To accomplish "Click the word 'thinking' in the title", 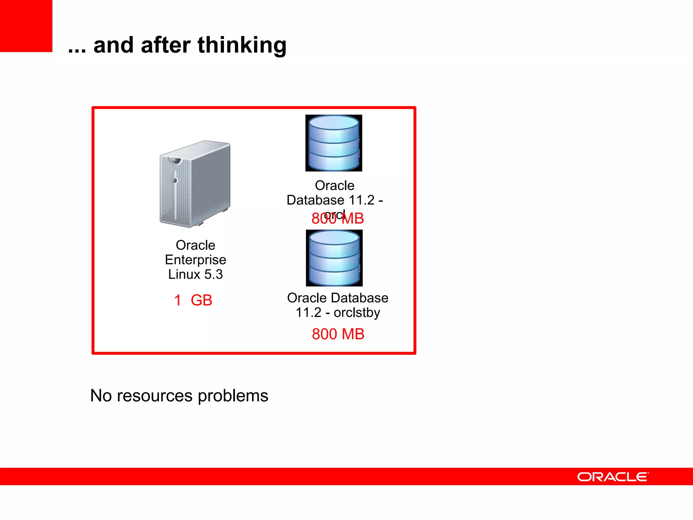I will coord(242,46).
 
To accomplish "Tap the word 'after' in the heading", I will coord(165,45).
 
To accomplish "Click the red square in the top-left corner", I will coord(26,26).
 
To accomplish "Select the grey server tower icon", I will coord(195,184).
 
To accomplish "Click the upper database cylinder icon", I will coord(334,143).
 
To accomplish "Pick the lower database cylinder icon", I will coord(334,258).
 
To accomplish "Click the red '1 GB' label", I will coord(193,300).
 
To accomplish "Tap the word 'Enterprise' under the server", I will coord(196,260).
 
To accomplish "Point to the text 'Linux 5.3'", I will coord(196,274).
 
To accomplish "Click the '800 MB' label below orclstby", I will coord(338,334).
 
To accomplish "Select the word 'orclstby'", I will coord(357,312).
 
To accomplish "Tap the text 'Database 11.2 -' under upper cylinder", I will coord(335,200).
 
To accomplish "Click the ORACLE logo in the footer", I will coord(613,477).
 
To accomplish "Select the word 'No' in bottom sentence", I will coord(101,395).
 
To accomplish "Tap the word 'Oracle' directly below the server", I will coord(196,245).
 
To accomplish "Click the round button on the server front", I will coord(175,180).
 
